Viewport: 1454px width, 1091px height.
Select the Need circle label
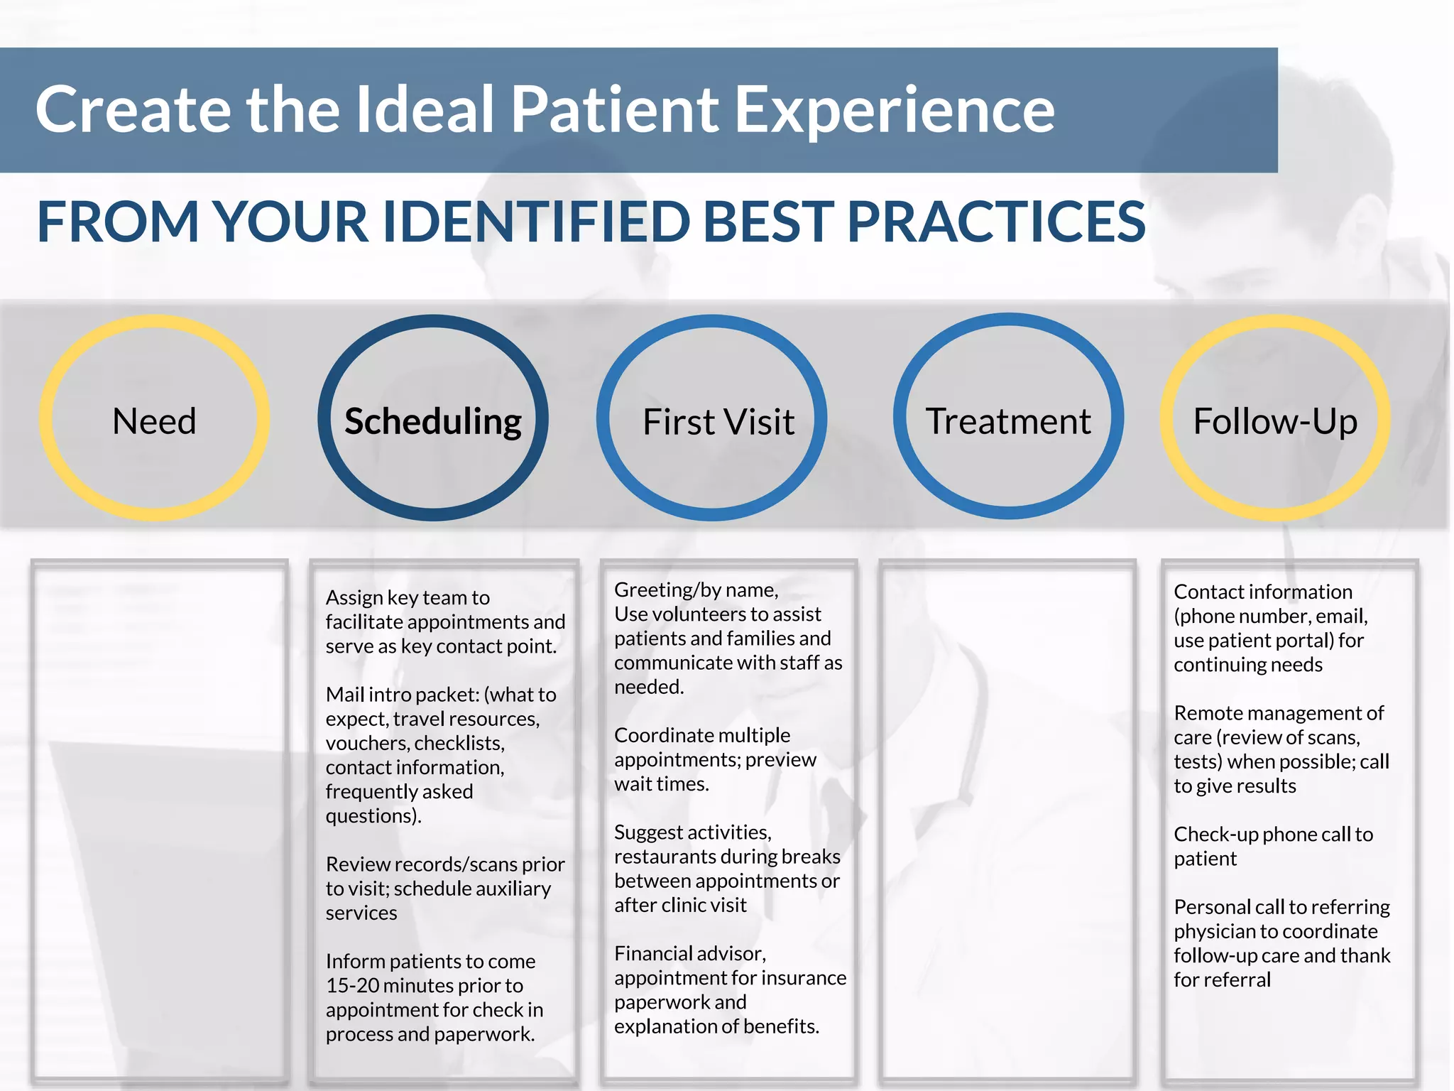(154, 421)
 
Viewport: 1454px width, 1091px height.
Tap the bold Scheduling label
(433, 421)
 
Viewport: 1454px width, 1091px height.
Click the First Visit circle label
(718, 422)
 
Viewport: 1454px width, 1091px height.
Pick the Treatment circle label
(1007, 421)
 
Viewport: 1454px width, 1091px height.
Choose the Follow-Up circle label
(1275, 421)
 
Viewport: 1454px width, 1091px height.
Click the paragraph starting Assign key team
(444, 622)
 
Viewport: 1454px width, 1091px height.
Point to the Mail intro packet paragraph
(440, 755)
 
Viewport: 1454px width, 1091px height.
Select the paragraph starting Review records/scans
(444, 889)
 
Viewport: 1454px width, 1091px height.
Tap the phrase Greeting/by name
(696, 590)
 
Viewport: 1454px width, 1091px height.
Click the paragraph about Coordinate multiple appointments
(714, 759)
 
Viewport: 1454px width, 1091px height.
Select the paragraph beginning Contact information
(1269, 628)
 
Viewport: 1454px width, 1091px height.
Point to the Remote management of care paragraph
(1280, 749)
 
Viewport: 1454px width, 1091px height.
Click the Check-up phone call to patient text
(1272, 846)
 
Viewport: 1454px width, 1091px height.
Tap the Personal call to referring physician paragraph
(1281, 943)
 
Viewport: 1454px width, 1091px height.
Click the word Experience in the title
(894, 111)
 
